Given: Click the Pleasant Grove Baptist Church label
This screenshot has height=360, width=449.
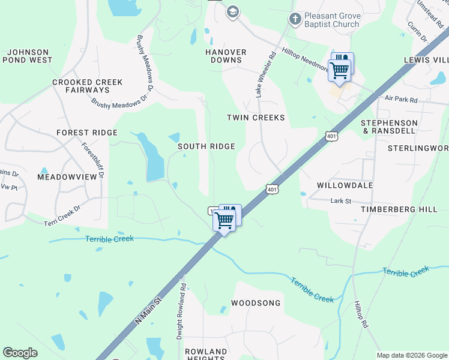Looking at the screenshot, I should click(x=331, y=20).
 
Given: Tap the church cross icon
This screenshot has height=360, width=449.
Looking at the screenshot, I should click(x=295, y=19).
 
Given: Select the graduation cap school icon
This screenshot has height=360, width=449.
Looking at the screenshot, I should click(x=232, y=11).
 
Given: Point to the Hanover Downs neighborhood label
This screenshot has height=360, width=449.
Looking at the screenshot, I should click(x=226, y=56).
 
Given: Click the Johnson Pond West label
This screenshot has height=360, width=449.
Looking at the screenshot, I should click(x=28, y=56).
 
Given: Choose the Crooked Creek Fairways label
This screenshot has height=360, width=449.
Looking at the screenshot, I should click(x=87, y=86).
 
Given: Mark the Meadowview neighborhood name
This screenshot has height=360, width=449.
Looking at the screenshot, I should click(x=67, y=177).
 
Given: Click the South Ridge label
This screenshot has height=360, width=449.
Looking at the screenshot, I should click(x=205, y=146).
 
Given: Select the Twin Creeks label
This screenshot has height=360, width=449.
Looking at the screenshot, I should click(x=256, y=118).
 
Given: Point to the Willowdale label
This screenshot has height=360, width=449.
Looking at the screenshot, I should click(x=345, y=185).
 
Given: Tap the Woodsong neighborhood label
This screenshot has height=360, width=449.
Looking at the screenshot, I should click(x=256, y=303).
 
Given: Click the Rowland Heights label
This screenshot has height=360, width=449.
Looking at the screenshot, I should click(x=206, y=355).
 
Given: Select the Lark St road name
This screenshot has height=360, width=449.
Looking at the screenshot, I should click(x=340, y=201).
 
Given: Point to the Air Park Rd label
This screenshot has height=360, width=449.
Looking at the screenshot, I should click(x=401, y=99).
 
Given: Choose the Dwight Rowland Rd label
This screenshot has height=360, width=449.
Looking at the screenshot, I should click(x=181, y=312).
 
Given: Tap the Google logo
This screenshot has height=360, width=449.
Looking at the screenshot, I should click(x=20, y=353).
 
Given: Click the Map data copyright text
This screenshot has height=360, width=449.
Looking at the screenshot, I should click(x=411, y=355).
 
